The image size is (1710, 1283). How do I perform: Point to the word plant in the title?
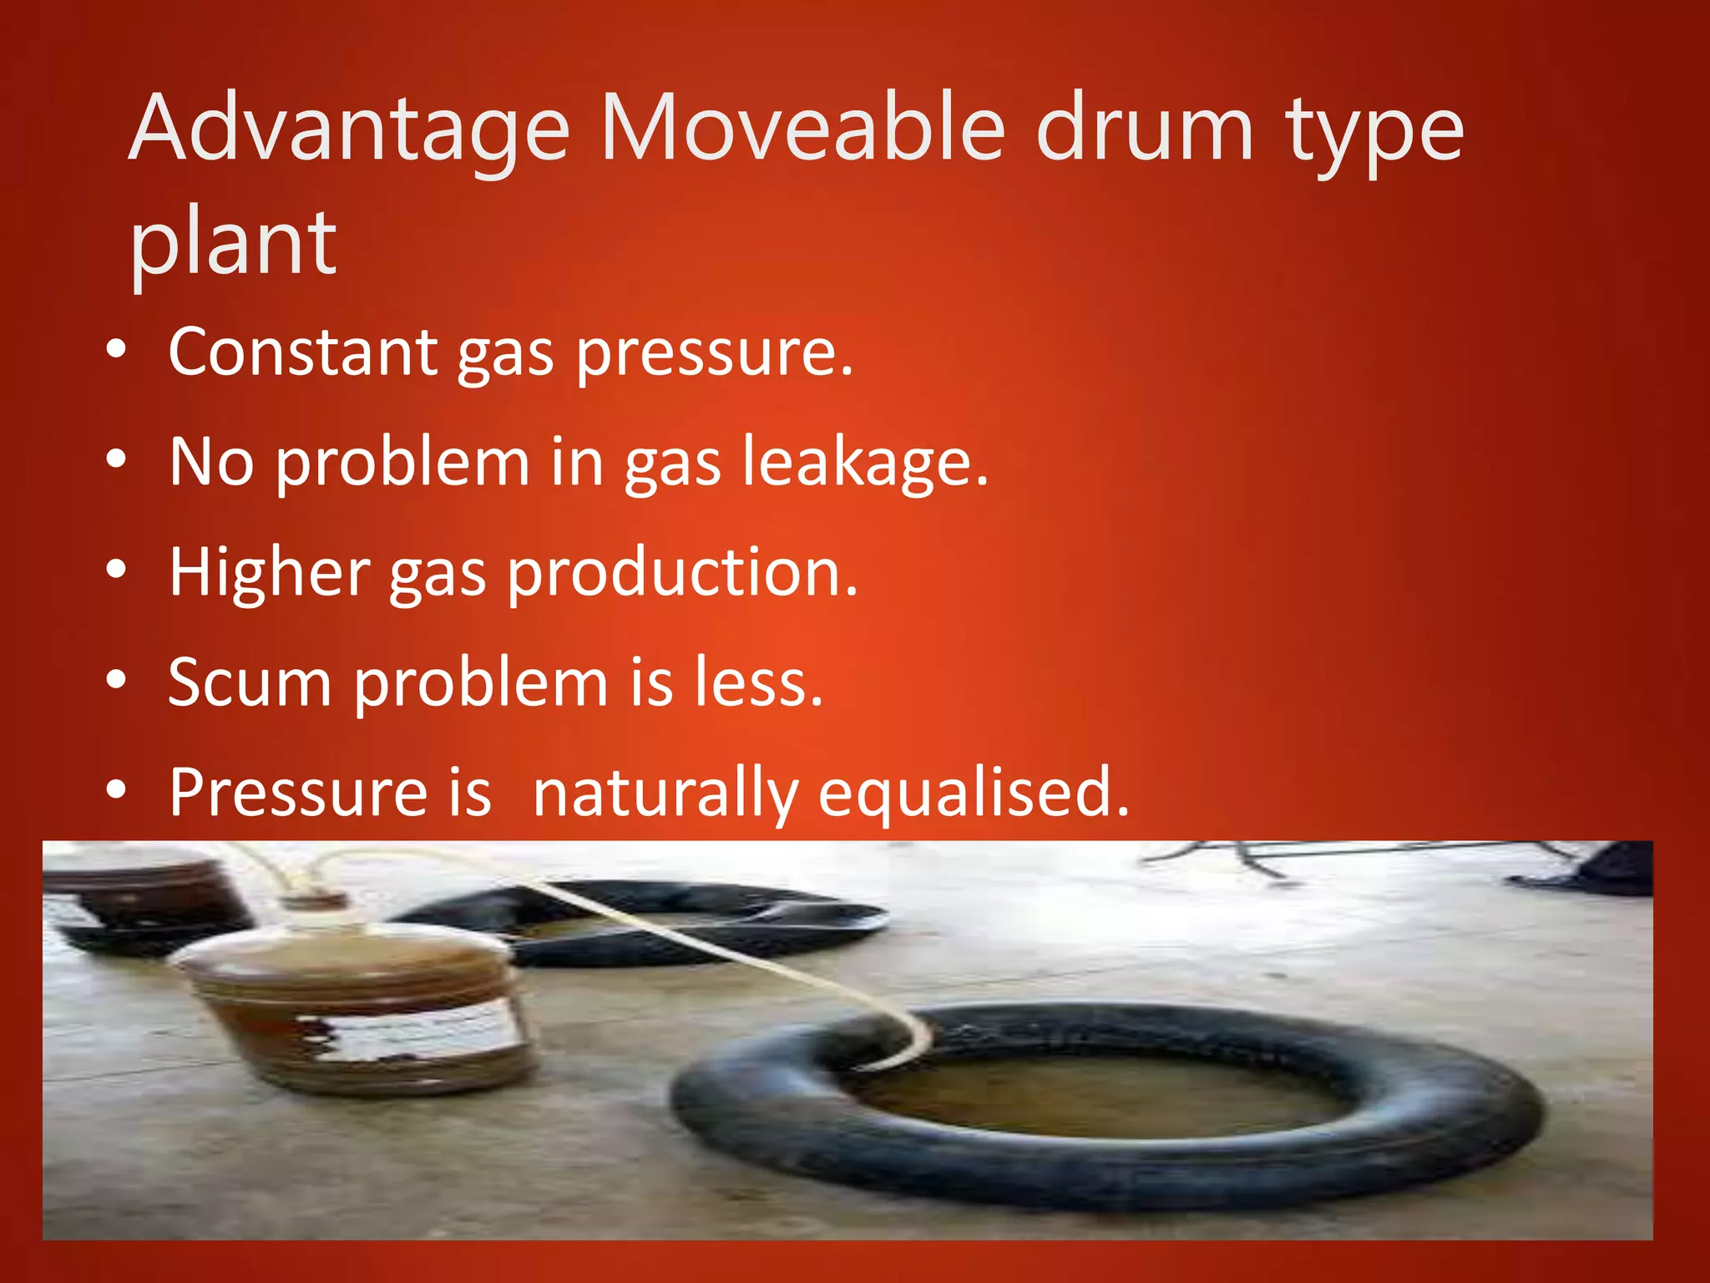pyautogui.click(x=233, y=245)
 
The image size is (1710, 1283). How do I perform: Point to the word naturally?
pyautogui.click(x=665, y=794)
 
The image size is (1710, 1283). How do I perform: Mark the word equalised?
pyautogui.click(x=974, y=794)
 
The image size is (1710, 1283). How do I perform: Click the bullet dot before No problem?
pyautogui.click(x=117, y=459)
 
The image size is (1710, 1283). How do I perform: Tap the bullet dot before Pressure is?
pyautogui.click(x=117, y=789)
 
